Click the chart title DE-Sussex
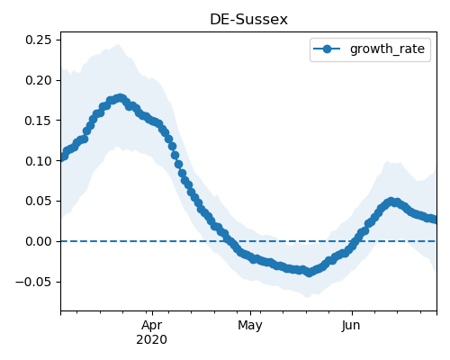pos(248,20)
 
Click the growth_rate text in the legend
pos(387,49)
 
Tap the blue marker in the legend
pos(327,49)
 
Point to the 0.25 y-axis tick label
pos(39,40)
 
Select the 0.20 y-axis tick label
pos(39,80)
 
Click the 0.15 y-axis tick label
pos(39,121)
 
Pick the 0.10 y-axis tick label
pos(39,161)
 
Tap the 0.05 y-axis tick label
pos(39,201)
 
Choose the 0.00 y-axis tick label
pos(39,241)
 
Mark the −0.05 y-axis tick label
pos(33,282)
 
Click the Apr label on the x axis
pos(152,326)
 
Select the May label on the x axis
pos(250,326)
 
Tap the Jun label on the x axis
pos(351,326)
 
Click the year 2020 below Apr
pos(152,340)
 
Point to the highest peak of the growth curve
pos(121,98)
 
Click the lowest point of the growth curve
pos(310,273)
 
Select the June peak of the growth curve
pos(391,202)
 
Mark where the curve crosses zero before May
pos(229,241)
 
